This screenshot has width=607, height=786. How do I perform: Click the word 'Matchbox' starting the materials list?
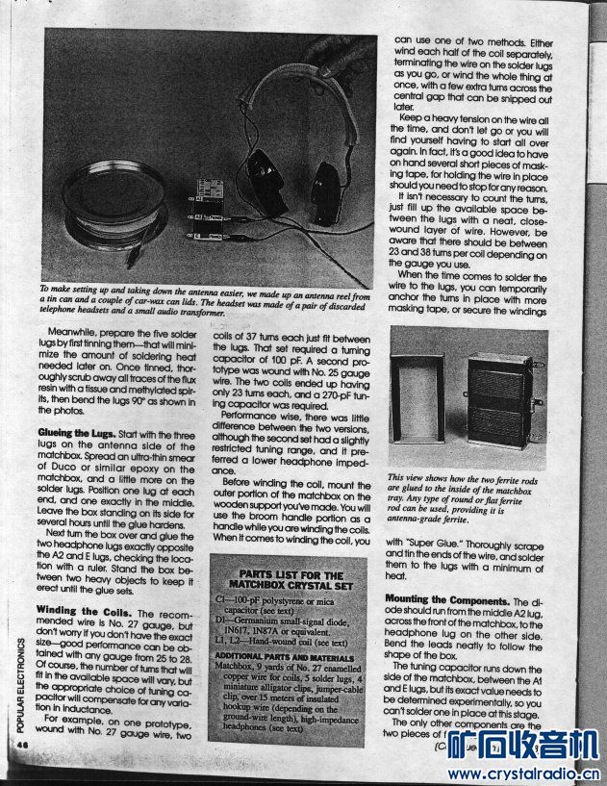(x=235, y=664)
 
